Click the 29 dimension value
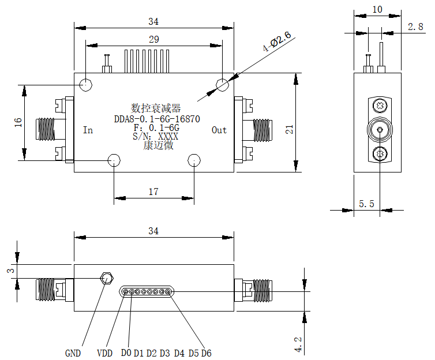(x=153, y=39)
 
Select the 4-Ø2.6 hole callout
(x=277, y=42)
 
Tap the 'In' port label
(x=88, y=130)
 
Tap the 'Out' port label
(x=219, y=130)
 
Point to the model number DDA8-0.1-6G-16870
(x=157, y=119)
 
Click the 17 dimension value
(x=153, y=192)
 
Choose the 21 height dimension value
(x=289, y=129)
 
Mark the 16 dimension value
(x=18, y=122)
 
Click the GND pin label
(x=73, y=353)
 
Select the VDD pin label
(x=104, y=353)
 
